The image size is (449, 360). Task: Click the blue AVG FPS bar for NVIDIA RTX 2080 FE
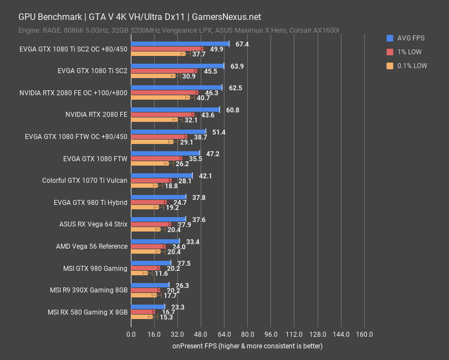click(x=175, y=110)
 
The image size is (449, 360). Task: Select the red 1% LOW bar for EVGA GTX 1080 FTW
click(x=156, y=158)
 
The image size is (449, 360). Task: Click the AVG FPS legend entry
click(x=407, y=38)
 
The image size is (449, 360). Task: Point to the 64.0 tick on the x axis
click(x=224, y=335)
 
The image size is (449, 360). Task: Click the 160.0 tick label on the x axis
click(x=364, y=335)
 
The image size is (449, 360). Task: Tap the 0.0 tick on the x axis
click(x=131, y=335)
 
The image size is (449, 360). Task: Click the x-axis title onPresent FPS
click(x=247, y=346)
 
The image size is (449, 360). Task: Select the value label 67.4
click(x=242, y=44)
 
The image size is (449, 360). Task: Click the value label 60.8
click(x=232, y=110)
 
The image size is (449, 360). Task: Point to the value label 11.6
click(x=161, y=274)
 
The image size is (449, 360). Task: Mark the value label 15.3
click(x=166, y=317)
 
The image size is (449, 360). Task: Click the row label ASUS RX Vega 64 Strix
click(x=93, y=224)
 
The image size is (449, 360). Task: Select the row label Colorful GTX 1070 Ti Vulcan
click(x=85, y=181)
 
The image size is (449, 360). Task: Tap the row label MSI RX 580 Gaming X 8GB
click(x=89, y=312)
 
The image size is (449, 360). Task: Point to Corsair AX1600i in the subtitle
click(x=316, y=29)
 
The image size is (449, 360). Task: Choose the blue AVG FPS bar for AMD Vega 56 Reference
click(x=155, y=241)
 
